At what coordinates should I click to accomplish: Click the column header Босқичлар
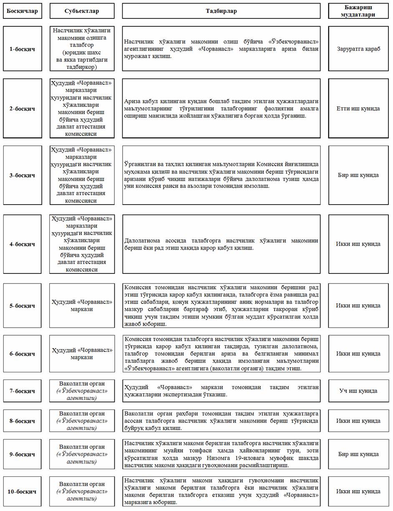22,11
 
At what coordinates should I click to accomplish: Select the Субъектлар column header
82,11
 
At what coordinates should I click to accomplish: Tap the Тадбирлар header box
221,11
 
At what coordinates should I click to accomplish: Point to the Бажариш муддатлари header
358,11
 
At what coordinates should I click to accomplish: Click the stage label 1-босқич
22,49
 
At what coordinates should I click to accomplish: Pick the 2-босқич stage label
22,109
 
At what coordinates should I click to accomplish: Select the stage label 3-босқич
22,175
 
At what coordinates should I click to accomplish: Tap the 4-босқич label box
22,244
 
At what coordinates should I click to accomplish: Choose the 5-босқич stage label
22,305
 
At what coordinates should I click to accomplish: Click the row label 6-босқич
22,354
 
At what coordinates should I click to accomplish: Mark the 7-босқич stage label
22,391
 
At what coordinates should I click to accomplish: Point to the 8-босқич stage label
22,421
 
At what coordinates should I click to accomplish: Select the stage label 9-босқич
22,454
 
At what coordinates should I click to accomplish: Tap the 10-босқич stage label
22,491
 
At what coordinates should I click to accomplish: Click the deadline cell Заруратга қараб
358,49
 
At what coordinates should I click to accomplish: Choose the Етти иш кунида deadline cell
358,109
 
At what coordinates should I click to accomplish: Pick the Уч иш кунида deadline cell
358,391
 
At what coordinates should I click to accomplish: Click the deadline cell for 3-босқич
358,175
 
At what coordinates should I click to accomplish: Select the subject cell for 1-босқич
82,49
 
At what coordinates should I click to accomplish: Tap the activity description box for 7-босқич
221,391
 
